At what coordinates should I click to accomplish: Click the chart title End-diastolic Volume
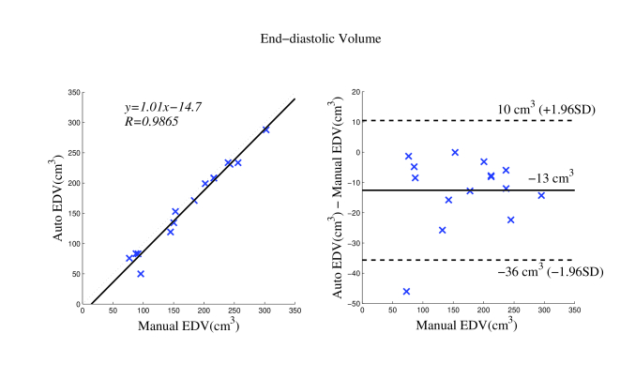pyautogui.click(x=317, y=40)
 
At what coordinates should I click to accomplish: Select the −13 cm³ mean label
pyautogui.click(x=550, y=177)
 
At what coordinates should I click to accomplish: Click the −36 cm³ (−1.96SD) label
pyautogui.click(x=550, y=272)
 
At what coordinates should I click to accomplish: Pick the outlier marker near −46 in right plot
pyautogui.click(x=406, y=292)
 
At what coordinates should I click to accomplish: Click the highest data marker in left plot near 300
pyautogui.click(x=265, y=129)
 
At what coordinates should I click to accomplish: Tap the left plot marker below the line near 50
pyautogui.click(x=141, y=274)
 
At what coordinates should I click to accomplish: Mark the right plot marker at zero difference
pyautogui.click(x=455, y=152)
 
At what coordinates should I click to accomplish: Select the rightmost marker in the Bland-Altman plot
pyautogui.click(x=541, y=195)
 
